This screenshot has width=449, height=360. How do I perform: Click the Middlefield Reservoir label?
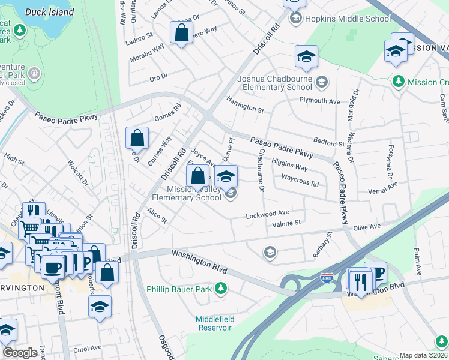pos(213,323)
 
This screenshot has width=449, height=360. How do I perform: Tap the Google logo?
pos(20,352)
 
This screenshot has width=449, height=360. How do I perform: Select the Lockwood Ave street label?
pos(267,214)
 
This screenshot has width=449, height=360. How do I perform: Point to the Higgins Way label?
pos(289,164)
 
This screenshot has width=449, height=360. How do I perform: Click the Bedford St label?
pos(328,143)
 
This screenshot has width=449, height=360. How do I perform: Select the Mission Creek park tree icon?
pos(397,81)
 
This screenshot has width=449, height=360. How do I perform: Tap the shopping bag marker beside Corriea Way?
pos(137,138)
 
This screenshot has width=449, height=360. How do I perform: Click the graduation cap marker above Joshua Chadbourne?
pos(306,58)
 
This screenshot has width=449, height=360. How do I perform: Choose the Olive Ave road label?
pos(367,227)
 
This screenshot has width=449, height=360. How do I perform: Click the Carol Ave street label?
pos(87,348)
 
